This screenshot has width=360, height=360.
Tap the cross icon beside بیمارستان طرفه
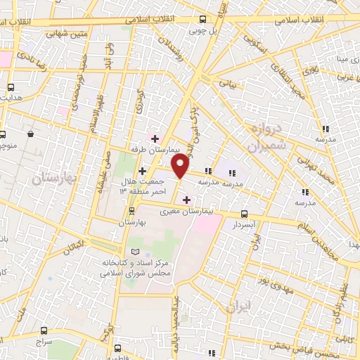click(x=155, y=138)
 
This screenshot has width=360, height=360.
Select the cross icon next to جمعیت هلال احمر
click(x=142, y=170)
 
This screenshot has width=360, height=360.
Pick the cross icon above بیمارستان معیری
click(x=186, y=200)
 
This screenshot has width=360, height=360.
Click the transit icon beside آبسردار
click(x=244, y=214)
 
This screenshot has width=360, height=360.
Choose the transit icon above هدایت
click(x=11, y=87)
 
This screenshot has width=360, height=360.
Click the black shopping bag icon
click(x=31, y=133)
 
